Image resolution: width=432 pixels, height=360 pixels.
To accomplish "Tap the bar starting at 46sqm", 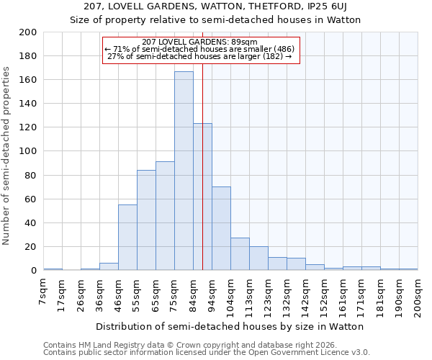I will pos(127,238).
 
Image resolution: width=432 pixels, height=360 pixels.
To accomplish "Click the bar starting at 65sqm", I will pos(165,216).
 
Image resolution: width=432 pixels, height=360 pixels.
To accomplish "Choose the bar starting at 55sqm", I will pos(146,220).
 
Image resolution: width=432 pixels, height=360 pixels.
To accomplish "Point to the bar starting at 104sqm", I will pos(240,254).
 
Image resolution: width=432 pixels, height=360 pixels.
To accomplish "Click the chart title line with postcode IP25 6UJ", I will pos(215,6).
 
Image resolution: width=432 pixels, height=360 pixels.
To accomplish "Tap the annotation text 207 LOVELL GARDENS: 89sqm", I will pos(200,42).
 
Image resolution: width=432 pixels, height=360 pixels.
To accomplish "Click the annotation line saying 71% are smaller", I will pos(200,50).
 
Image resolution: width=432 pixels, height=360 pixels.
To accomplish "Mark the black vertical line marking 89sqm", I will pos(202,180).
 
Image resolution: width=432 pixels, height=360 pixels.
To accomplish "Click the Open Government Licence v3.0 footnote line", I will pos(206,353).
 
